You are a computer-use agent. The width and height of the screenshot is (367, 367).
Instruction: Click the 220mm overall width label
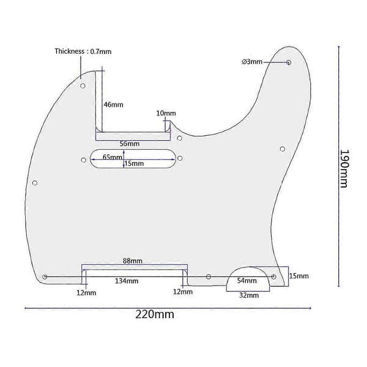pos(155,314)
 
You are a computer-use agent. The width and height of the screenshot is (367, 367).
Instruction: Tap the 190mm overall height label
pos(344,169)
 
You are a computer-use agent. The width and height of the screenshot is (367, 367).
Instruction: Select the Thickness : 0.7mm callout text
pos(83,51)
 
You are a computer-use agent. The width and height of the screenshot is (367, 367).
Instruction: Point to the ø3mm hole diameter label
pos(252,62)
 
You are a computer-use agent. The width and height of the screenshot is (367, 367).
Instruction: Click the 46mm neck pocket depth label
pos(114,105)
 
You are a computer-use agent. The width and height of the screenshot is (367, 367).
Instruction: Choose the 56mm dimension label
pos(130,144)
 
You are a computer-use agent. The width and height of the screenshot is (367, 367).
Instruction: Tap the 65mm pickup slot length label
pos(113,157)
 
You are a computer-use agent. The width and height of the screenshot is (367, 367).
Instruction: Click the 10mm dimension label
pos(166,113)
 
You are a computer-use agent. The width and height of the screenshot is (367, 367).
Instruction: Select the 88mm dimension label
pos(133,261)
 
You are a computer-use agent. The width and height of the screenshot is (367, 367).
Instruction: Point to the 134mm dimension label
pos(127,281)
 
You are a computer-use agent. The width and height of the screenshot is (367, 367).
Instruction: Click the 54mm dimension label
pos(247,280)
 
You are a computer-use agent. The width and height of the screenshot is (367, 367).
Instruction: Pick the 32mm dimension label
pos(249,295)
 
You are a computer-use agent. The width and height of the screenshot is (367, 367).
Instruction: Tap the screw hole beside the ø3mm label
pos(289,62)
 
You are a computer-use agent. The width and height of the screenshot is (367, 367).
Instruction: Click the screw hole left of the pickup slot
pos(83,160)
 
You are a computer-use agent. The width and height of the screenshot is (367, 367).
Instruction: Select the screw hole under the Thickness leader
pos(83,86)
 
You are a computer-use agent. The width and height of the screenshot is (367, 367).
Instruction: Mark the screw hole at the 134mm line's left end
pos(45,277)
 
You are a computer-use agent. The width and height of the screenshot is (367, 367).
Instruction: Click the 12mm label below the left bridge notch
pos(86,293)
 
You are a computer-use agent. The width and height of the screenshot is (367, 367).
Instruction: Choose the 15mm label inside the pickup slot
pos(134,163)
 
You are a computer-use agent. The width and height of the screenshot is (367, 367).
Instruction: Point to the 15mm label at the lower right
pos(299,276)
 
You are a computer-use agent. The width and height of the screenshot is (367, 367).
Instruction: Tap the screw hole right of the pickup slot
pos(180,158)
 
